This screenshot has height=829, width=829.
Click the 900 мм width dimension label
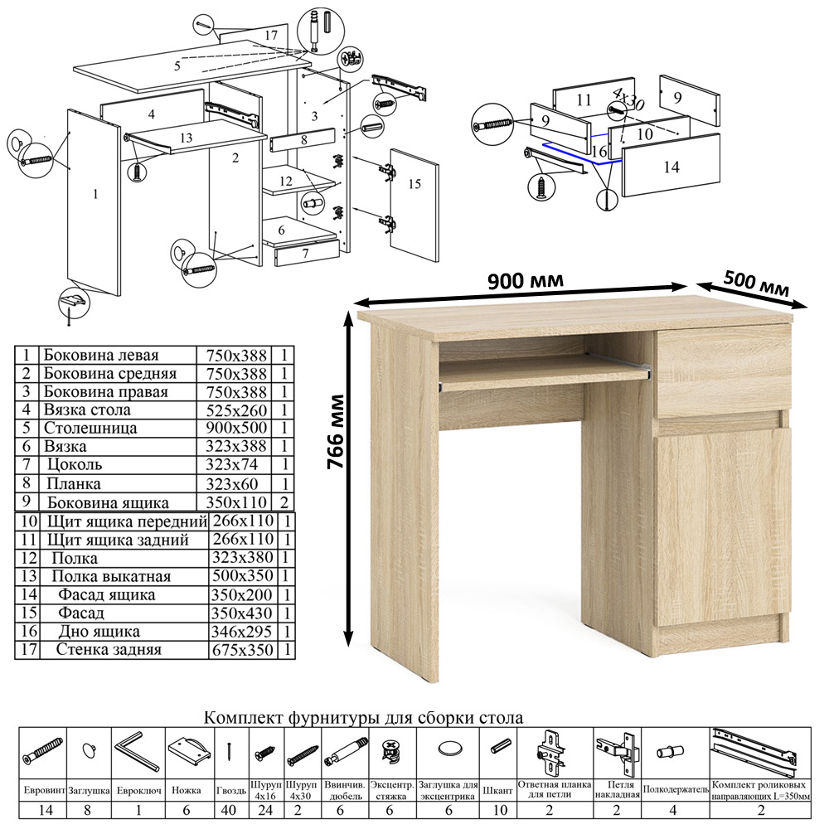(x=525, y=279)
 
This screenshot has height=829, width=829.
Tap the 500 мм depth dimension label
(x=756, y=284)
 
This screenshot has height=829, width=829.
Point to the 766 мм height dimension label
(x=336, y=431)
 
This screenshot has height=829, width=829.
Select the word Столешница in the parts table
(x=90, y=428)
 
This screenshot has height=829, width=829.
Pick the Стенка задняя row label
(x=109, y=649)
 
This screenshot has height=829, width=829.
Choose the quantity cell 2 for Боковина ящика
(x=284, y=502)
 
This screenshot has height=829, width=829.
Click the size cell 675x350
(x=243, y=650)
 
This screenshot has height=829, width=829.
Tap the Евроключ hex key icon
(x=137, y=751)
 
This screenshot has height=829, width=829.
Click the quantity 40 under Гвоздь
(x=229, y=810)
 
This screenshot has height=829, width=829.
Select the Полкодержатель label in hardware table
(x=676, y=790)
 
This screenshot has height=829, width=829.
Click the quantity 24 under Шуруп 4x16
(x=265, y=810)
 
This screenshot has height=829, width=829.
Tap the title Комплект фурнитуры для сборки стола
(x=364, y=717)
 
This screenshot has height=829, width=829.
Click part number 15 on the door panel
(x=414, y=183)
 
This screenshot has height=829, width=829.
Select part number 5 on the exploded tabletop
(x=177, y=65)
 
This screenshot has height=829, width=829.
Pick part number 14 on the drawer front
(x=671, y=167)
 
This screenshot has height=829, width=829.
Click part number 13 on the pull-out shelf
(x=186, y=138)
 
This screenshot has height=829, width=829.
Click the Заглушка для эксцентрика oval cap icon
(x=448, y=749)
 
